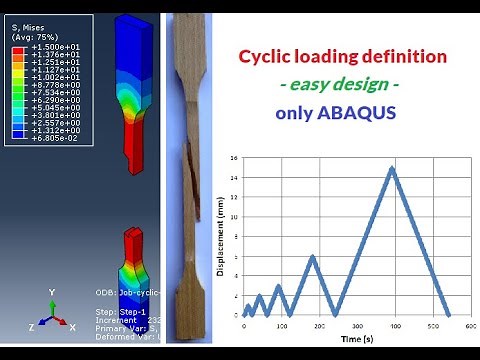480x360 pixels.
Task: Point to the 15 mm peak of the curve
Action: [392, 168]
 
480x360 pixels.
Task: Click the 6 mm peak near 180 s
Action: [313, 256]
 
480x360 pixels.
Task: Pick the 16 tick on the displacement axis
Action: [233, 158]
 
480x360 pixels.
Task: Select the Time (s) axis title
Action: [355, 340]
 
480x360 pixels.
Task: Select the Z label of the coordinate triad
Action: [32, 327]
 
